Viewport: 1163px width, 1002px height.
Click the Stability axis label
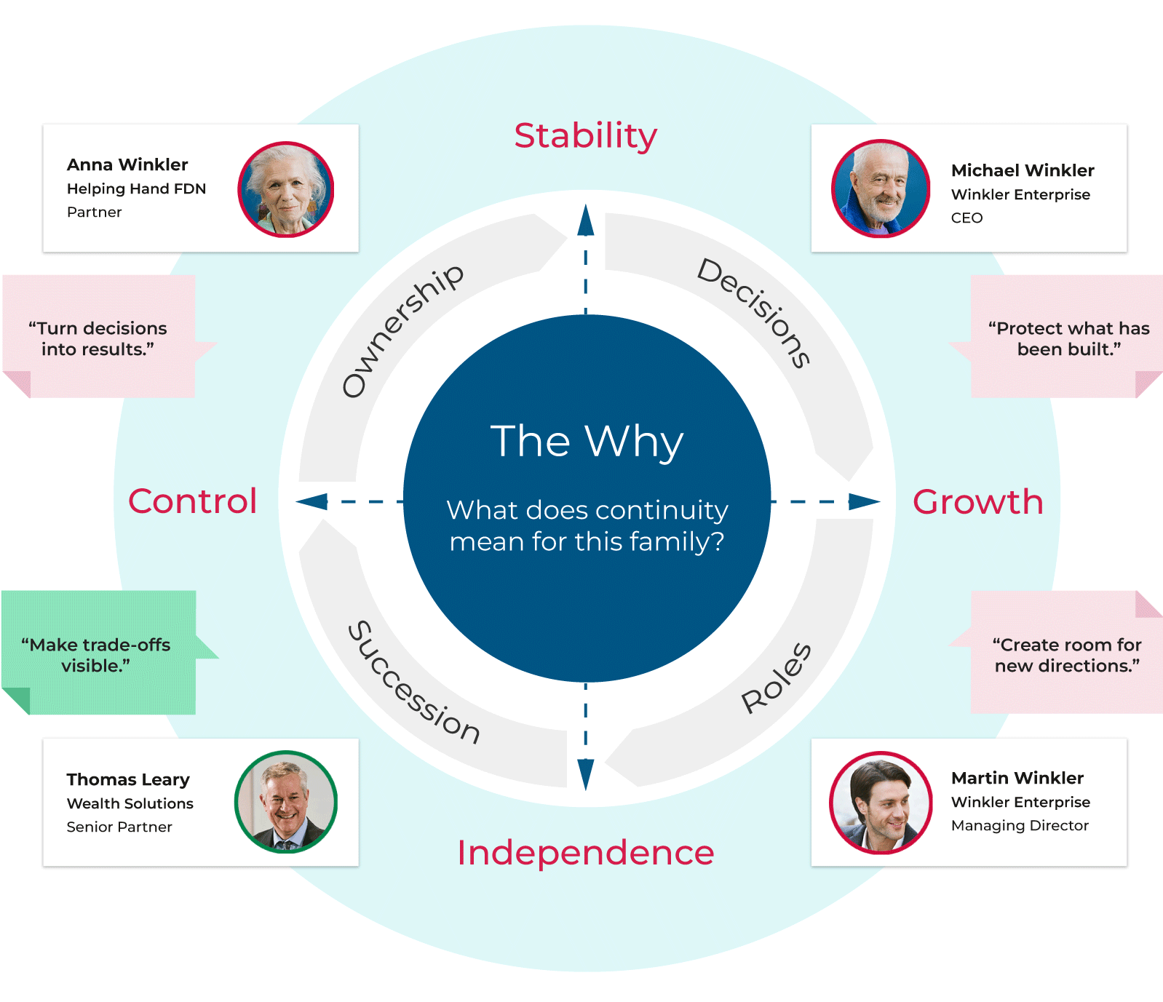tap(585, 136)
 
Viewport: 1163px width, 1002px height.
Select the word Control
tap(193, 501)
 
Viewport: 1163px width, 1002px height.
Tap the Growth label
tap(977, 501)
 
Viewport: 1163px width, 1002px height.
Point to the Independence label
tap(585, 853)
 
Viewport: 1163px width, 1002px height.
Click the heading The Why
tap(587, 441)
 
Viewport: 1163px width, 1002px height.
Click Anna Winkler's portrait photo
tap(286, 189)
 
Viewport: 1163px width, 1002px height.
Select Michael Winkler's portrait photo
tap(881, 188)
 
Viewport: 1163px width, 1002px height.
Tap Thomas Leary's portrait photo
tap(286, 802)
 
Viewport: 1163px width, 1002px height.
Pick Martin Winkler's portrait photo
tap(881, 802)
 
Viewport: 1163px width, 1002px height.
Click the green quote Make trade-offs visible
tap(96, 655)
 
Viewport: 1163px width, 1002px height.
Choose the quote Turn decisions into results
tap(98, 338)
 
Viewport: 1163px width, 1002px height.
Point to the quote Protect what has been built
tap(1068, 338)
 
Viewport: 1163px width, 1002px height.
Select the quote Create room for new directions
tap(1067, 655)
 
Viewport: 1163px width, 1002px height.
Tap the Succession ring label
tap(413, 683)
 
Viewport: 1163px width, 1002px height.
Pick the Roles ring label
tap(776, 678)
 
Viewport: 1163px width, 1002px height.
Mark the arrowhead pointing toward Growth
tap(864, 501)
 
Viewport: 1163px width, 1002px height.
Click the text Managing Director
tap(1020, 825)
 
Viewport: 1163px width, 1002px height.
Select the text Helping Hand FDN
tap(136, 188)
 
